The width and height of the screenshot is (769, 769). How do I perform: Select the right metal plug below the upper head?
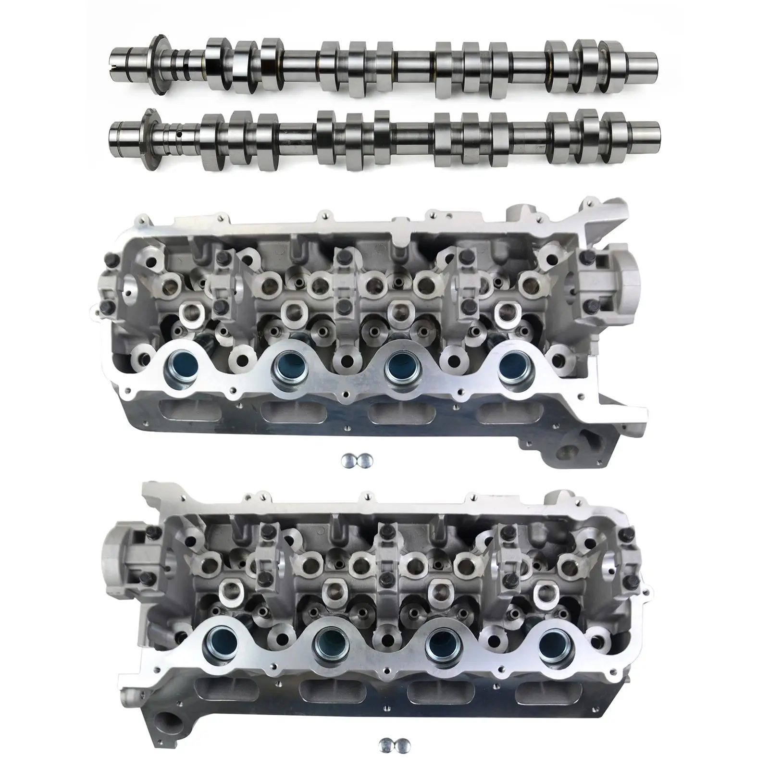(365, 460)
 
